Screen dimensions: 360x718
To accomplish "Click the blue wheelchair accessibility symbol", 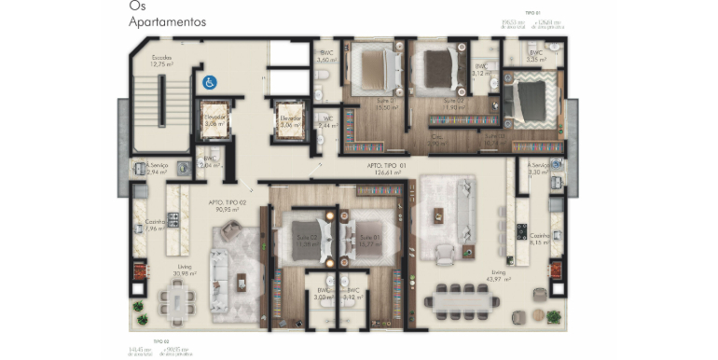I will [209, 81].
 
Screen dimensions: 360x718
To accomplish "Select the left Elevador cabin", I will [216, 121].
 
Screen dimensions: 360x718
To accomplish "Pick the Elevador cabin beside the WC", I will [289, 121].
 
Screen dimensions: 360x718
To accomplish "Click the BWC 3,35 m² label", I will [536, 56].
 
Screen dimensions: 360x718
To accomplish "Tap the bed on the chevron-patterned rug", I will [532, 98].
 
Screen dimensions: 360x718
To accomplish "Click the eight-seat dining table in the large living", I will [461, 300].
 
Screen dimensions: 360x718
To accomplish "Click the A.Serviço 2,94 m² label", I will [155, 169].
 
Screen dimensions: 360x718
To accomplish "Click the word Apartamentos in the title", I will [168, 21].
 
